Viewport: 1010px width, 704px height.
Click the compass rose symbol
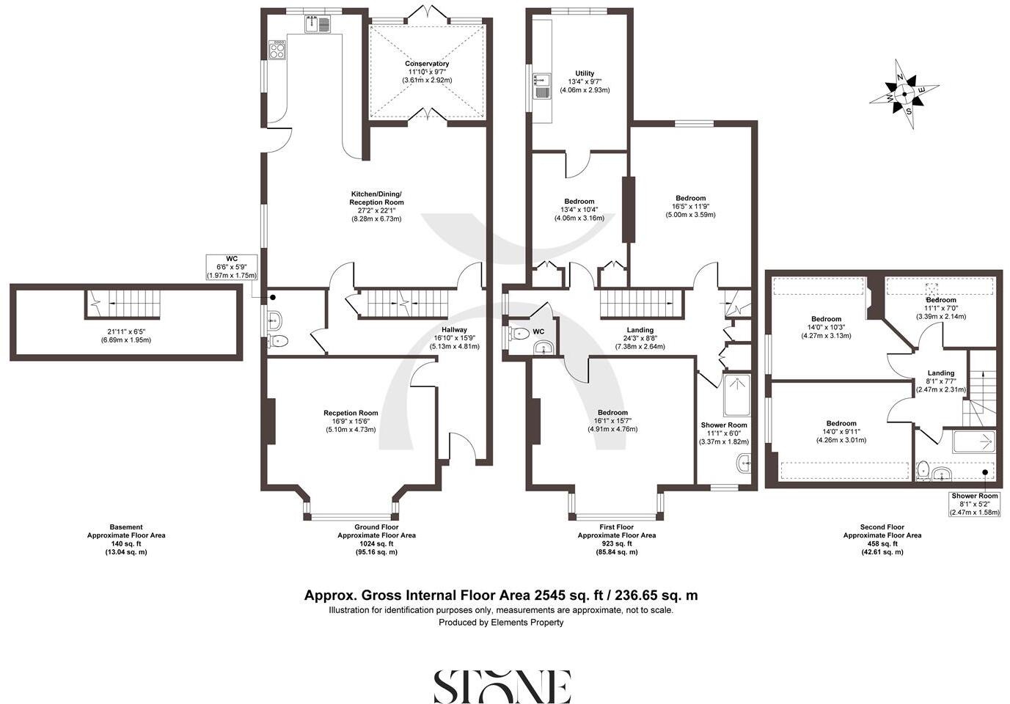904,94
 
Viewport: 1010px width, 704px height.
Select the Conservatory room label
426,64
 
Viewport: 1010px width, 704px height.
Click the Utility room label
585,73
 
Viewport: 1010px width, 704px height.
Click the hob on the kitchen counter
277,50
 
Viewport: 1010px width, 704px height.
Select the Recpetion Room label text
351,413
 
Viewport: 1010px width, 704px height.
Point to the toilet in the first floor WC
519,334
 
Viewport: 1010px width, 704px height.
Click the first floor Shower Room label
724,425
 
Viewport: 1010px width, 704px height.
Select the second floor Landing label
940,373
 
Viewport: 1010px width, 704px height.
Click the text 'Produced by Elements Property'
501,623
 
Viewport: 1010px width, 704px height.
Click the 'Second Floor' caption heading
882,527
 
